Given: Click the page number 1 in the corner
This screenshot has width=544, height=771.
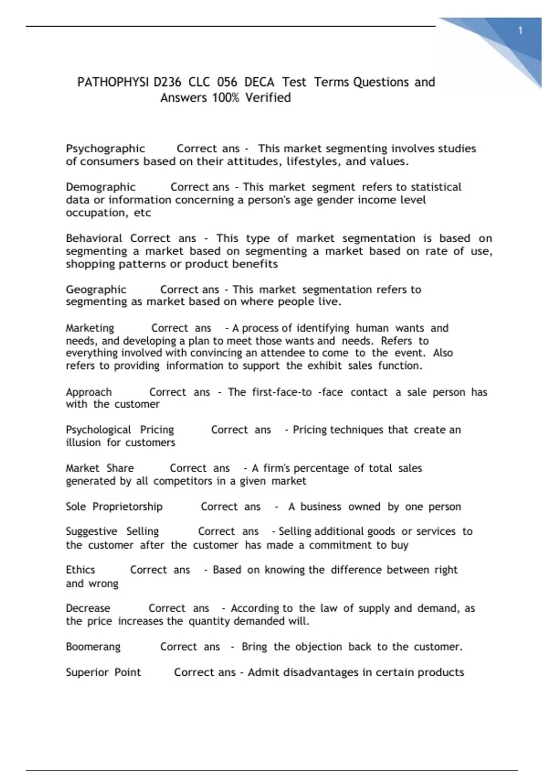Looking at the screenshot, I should [x=520, y=31].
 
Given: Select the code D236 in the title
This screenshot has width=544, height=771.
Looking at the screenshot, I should [x=167, y=82].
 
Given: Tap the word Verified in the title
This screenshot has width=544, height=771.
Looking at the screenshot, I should [x=268, y=98].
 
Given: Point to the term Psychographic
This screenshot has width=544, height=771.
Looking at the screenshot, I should [x=105, y=149].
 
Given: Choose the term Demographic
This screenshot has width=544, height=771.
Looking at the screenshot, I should [x=101, y=187].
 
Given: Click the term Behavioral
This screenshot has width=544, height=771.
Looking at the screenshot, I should [x=94, y=239].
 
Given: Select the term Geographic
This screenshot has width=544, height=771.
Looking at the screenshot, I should [x=96, y=289].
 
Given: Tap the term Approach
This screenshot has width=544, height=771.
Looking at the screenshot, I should [x=89, y=392].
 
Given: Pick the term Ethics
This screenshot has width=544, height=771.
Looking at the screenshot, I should [x=80, y=570].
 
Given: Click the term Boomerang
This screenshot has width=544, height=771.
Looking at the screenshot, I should [x=93, y=647].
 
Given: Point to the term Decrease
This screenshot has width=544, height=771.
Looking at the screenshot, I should [x=88, y=608].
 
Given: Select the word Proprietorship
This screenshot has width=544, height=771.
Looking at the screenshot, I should [x=127, y=507].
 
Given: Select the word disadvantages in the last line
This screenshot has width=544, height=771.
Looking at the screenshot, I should [x=321, y=672].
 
